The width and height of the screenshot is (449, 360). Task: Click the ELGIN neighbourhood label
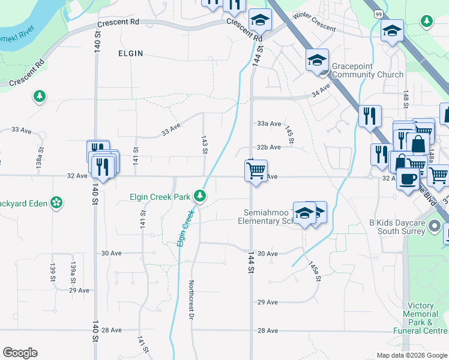click(130, 53)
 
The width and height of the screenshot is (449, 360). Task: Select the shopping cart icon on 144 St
click(256, 172)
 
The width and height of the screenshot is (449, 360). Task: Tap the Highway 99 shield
click(377, 14)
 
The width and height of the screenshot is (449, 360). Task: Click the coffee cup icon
click(408, 178)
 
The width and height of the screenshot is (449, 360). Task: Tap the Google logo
click(20, 353)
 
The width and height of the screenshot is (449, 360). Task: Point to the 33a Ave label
click(269, 124)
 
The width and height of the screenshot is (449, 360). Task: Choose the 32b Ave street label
click(269, 147)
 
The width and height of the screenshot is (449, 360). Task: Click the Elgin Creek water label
click(187, 228)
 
